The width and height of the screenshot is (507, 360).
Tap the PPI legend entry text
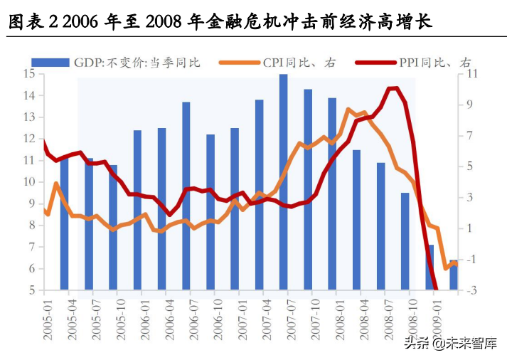438,63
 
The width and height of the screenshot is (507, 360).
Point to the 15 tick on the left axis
29,73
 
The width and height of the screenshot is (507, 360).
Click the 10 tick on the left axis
29,182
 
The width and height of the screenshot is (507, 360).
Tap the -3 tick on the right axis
472,290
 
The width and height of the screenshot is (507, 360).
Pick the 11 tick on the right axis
474,73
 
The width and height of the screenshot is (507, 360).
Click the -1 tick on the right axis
472,260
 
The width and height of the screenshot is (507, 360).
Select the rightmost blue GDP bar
454,275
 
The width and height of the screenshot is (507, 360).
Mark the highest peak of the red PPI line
393,88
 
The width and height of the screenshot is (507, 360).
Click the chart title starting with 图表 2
220,23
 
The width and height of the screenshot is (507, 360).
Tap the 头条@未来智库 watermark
450,344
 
